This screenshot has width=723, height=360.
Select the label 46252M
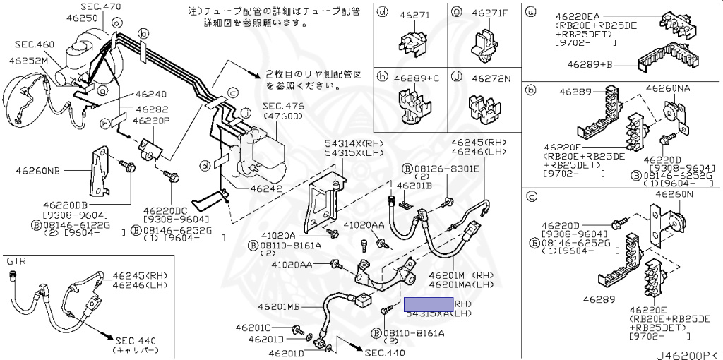coord(28,61)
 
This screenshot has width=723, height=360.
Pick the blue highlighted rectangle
coord(428,304)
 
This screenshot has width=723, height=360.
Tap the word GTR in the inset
coord(17,261)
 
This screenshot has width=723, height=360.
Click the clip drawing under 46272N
coord(484,107)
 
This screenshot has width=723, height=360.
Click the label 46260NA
coord(667,89)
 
